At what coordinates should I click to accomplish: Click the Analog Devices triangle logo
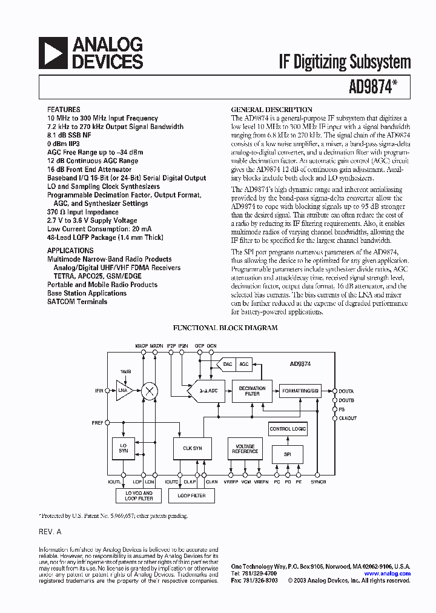coord(53,53)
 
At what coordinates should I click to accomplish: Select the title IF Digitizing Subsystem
coord(345,62)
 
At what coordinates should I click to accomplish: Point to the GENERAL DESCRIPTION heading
coord(272,110)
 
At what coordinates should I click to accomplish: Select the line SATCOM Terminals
coord(77,302)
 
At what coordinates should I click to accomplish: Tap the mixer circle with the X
coord(148,391)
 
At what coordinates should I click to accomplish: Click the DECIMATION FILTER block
coord(252,391)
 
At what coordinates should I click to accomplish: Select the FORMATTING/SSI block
coord(300,391)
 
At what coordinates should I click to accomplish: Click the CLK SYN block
coord(192,448)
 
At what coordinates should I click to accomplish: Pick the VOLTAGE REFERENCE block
coord(245,449)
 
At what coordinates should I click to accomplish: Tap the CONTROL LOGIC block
coord(288,429)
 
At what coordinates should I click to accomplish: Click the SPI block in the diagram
coord(288,454)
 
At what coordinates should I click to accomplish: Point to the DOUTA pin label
coord(346,392)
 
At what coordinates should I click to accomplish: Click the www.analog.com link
coord(388,574)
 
